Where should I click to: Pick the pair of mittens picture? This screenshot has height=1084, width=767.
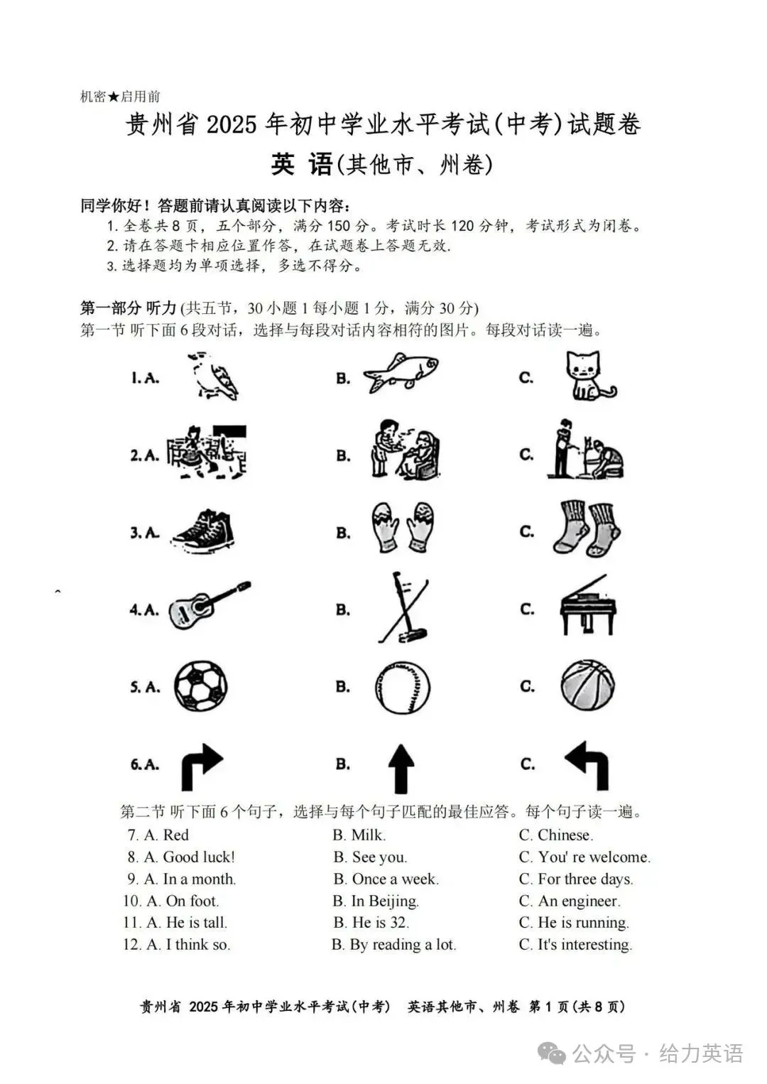403,527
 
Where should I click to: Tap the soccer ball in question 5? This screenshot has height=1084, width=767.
201,686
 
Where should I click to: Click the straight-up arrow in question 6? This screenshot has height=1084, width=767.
401,769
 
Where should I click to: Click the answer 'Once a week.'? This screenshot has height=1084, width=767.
395,879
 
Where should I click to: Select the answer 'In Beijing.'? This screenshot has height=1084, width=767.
385,901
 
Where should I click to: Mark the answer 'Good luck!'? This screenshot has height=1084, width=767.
199,857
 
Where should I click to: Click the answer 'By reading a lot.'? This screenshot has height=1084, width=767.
403,945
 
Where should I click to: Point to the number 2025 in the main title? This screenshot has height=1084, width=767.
231,125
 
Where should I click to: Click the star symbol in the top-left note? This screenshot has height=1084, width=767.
114,97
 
